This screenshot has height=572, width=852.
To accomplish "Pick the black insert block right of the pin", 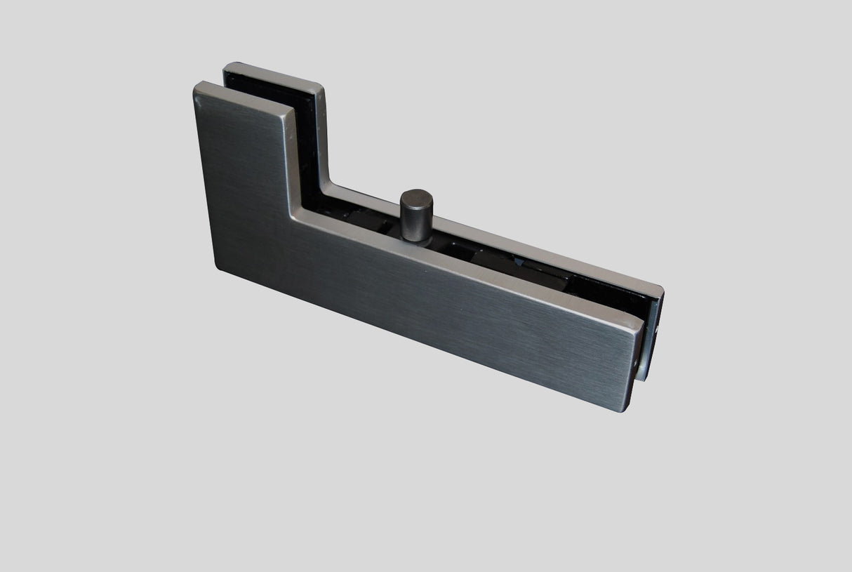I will pyautogui.click(x=463, y=253).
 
